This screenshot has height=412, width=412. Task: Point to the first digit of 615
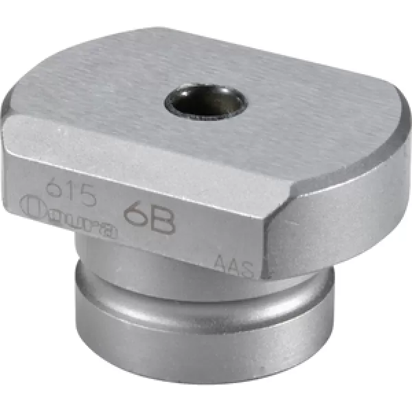(49, 187)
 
